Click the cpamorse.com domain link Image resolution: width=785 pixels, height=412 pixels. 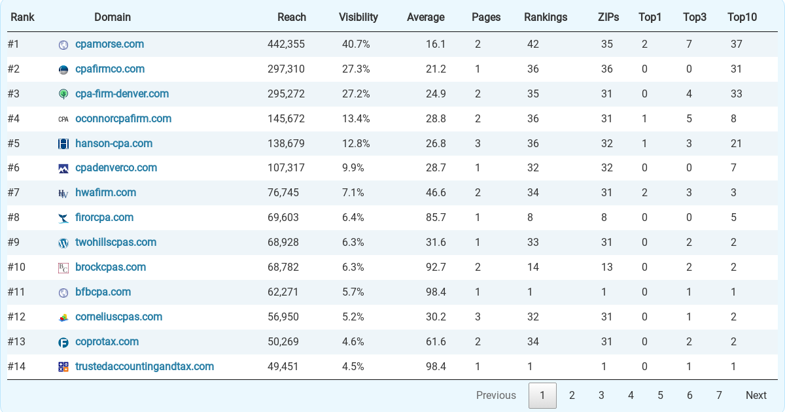coord(109,44)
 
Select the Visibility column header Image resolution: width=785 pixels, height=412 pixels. coord(358,17)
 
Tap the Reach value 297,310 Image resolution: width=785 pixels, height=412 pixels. coord(286,69)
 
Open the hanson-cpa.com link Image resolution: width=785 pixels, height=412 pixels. coord(114,143)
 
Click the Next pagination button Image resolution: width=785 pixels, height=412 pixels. coord(756,395)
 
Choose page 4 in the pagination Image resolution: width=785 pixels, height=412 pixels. coord(631,395)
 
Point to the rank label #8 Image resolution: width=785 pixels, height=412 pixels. coord(14,218)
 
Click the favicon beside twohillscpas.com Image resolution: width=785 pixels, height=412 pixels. coord(63,243)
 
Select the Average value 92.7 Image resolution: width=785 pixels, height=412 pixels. coord(436,267)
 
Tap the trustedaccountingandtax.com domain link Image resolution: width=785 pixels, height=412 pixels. coord(145,367)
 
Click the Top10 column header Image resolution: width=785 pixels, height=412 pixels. coord(742,17)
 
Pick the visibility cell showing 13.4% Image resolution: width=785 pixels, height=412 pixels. coord(356,119)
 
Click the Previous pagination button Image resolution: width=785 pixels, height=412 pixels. coord(496,395)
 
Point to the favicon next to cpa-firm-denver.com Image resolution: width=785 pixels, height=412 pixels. coord(63,94)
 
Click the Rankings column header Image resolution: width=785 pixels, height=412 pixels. coord(546,17)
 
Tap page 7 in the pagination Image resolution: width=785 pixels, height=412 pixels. coord(719,395)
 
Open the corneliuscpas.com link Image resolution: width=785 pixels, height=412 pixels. coord(118,317)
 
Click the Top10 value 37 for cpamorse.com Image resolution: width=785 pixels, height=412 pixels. coord(736,44)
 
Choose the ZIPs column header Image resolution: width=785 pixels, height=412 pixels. coord(608,17)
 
